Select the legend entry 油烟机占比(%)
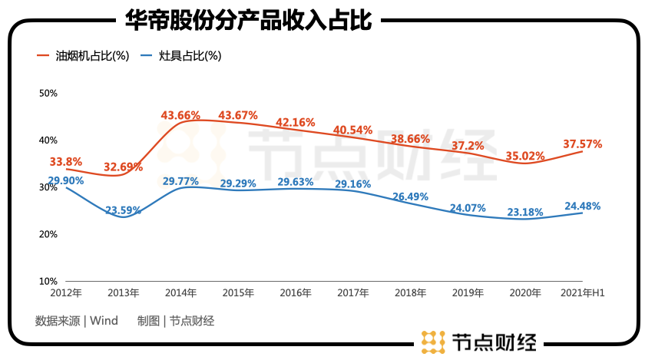[x=84, y=56]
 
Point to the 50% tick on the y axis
[x=48, y=93]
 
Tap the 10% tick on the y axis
[x=48, y=282]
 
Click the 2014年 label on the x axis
[x=180, y=293]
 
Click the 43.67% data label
[x=238, y=116]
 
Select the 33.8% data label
[x=66, y=162]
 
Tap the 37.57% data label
[x=582, y=144]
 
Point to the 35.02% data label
[x=525, y=157]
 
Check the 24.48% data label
[x=581, y=206]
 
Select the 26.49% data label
[x=410, y=197]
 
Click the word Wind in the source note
[x=104, y=321]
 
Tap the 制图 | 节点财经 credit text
[x=176, y=321]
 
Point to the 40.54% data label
[x=352, y=130]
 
